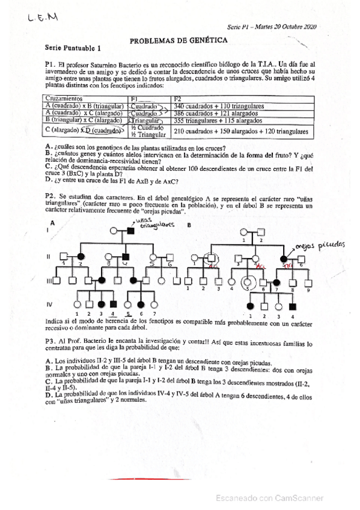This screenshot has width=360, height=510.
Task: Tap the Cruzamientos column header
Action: (x=67, y=98)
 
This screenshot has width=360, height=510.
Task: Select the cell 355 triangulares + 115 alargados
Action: (x=213, y=120)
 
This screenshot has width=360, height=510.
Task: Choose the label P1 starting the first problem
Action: (x=50, y=63)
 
